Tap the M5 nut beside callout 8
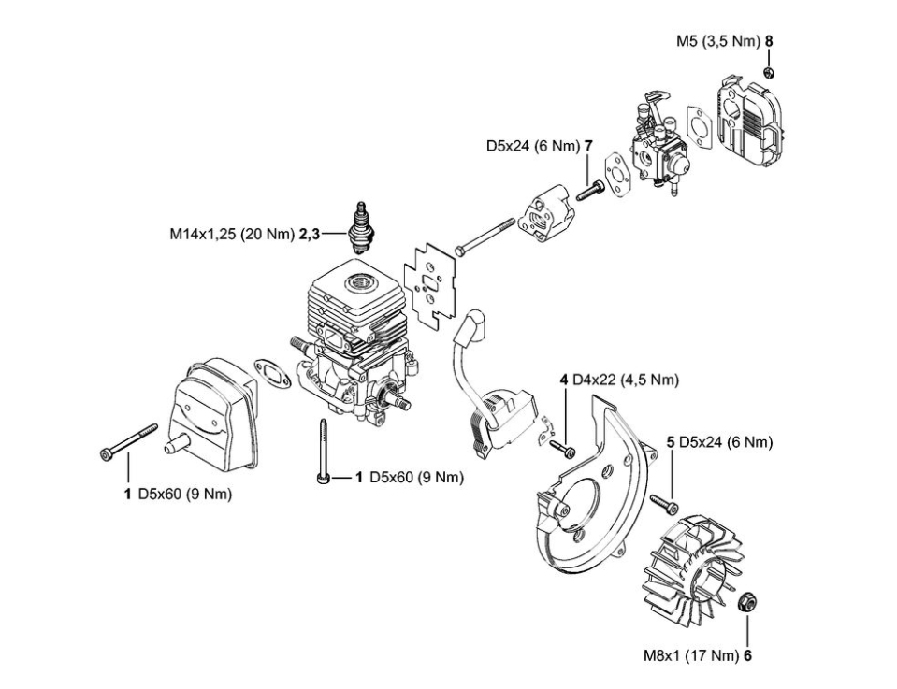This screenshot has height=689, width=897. tap(766, 72)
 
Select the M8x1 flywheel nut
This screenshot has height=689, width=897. tap(747, 602)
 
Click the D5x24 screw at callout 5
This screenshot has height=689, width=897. tap(666, 502)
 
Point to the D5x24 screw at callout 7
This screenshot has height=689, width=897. tap(586, 194)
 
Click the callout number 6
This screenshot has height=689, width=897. tap(747, 656)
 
